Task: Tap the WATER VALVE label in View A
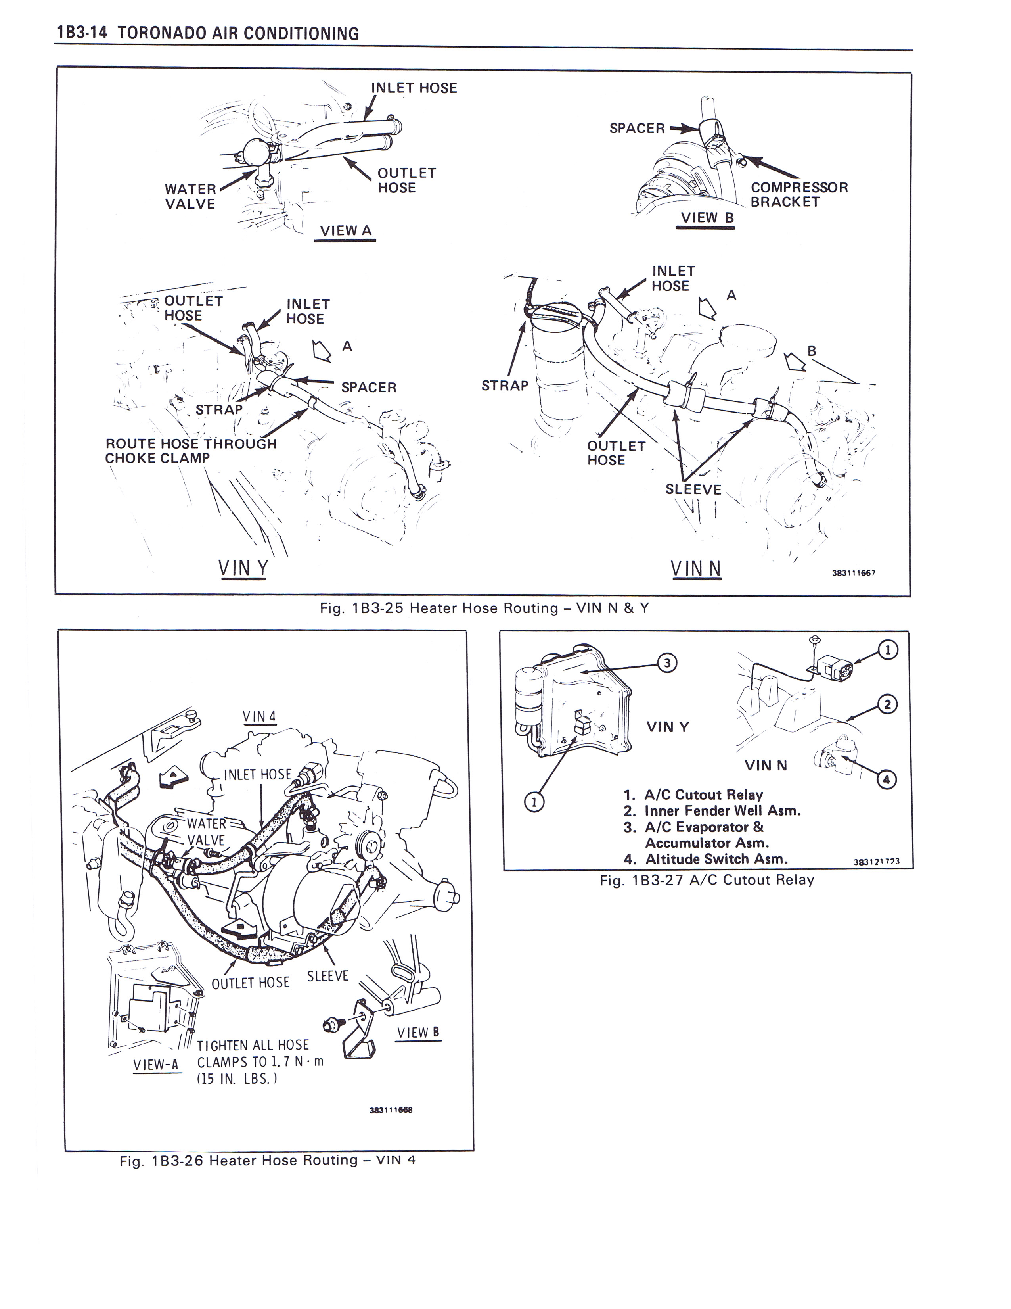pos(190,197)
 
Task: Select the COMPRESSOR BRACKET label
pos(799,195)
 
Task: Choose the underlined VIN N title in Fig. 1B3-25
pos(695,568)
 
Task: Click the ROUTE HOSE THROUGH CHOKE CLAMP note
pos(190,451)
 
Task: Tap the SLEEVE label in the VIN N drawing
pos(693,489)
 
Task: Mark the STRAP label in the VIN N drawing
pos(505,386)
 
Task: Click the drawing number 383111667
pos(854,573)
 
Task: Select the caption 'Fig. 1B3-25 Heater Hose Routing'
pos(484,608)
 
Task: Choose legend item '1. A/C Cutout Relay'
pos(693,795)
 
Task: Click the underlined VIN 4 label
pos(259,717)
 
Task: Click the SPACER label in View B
pos(637,128)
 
